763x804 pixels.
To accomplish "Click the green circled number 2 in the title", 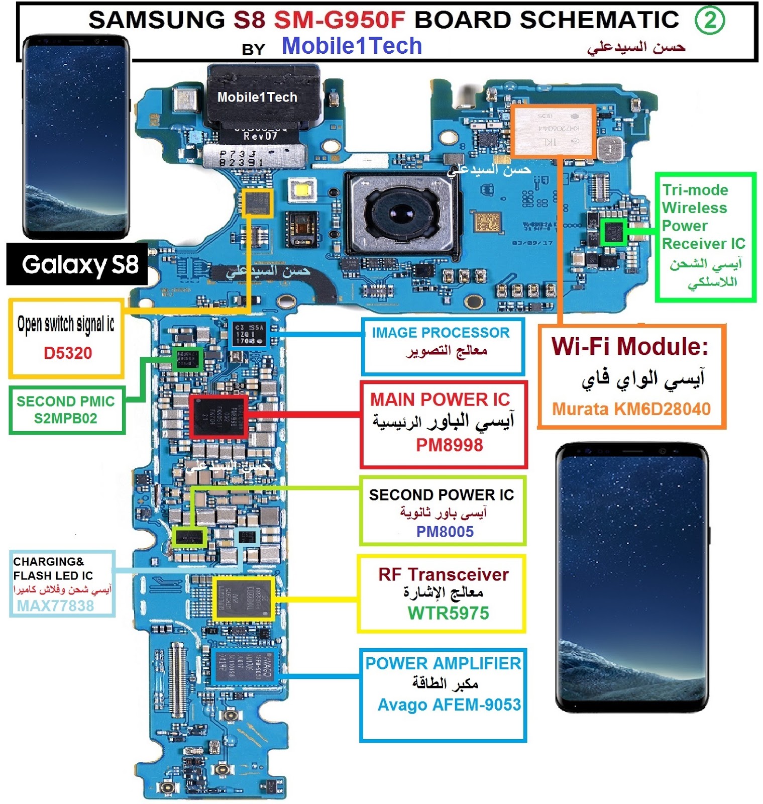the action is (x=709, y=21).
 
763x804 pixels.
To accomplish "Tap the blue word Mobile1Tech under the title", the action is (x=352, y=46).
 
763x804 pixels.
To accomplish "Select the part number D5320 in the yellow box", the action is (x=68, y=353).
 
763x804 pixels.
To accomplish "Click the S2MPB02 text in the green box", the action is (x=65, y=418).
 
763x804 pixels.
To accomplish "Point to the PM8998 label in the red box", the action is (x=449, y=445).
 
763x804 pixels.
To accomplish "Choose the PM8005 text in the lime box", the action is (x=445, y=531).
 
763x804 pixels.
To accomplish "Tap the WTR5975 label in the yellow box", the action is (x=448, y=613).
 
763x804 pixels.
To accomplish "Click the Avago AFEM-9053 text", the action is (x=449, y=705).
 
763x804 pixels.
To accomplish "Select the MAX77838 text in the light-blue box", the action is (x=55, y=606).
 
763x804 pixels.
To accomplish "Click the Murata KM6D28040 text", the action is (x=631, y=409).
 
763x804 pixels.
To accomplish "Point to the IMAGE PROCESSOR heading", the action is (x=441, y=332).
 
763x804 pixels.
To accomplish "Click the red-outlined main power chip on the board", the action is (x=219, y=416).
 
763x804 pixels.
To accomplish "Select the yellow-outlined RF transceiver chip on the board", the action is (x=244, y=598).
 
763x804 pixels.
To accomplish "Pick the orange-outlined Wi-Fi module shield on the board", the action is (x=553, y=131).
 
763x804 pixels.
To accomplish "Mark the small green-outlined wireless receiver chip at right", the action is (x=613, y=232).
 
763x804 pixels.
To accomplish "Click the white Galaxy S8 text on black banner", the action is (x=80, y=265).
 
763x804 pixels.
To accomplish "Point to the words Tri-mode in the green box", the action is (x=695, y=190).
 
